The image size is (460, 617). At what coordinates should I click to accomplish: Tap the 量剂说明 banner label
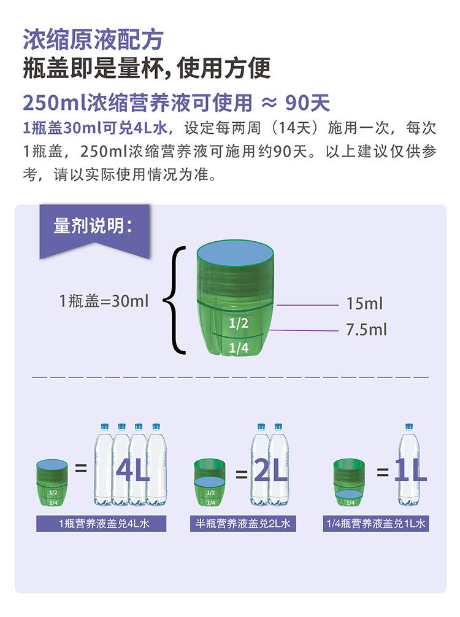click(93, 226)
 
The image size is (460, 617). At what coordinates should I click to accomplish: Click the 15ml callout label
click(364, 303)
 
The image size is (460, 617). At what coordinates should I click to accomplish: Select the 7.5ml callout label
click(366, 330)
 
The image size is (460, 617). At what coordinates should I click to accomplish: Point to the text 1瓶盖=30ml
click(104, 301)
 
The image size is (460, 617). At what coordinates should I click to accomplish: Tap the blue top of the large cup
click(235, 254)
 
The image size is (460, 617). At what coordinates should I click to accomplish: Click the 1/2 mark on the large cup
click(238, 323)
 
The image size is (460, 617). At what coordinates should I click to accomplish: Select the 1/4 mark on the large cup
click(238, 348)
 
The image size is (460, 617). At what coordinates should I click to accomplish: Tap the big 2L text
click(270, 471)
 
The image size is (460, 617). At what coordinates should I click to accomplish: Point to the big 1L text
click(410, 471)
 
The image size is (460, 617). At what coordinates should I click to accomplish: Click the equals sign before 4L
click(81, 470)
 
